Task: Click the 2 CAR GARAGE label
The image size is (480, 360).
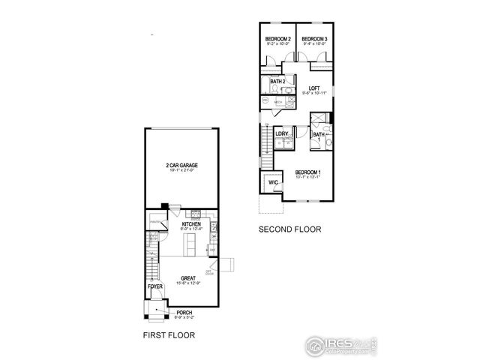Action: (x=181, y=166)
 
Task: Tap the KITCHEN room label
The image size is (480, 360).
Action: (x=190, y=224)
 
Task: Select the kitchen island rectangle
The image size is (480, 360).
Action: (x=190, y=244)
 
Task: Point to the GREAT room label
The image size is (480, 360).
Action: (x=187, y=278)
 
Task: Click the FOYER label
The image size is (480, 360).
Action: (x=154, y=285)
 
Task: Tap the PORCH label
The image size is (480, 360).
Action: (x=184, y=313)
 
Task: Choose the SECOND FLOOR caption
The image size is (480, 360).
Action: (x=289, y=229)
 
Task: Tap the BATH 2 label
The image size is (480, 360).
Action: (x=277, y=81)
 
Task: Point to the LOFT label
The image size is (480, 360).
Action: (x=314, y=87)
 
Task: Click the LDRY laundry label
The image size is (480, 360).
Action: (x=282, y=134)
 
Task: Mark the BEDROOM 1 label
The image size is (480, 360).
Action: (x=307, y=173)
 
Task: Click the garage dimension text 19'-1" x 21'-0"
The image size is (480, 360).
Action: (x=181, y=172)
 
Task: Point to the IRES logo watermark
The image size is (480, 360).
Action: (x=337, y=345)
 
